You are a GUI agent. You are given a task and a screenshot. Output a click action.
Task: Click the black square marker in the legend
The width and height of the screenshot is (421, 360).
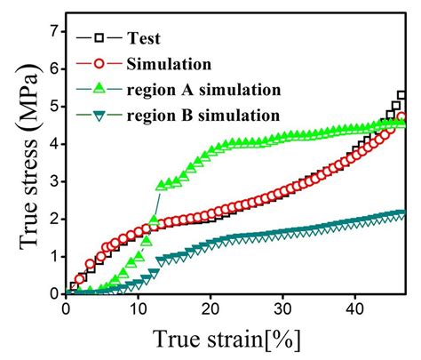pos(99,37)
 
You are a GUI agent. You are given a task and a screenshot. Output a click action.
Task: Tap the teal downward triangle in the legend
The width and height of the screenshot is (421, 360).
pos(99,115)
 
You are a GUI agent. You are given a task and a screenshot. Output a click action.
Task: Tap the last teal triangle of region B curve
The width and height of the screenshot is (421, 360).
pos(402,214)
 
